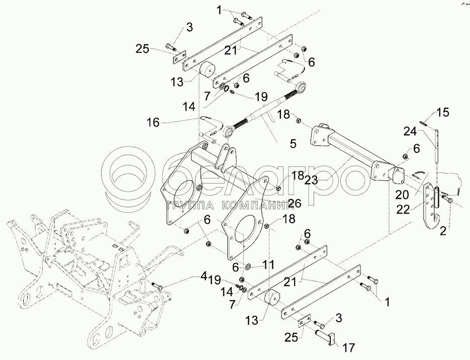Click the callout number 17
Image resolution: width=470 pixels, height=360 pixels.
[x=348, y=347]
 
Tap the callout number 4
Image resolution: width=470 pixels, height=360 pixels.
[x=204, y=276]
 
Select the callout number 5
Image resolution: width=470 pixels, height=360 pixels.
[x=293, y=144]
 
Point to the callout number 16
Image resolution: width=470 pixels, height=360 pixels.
[x=153, y=122]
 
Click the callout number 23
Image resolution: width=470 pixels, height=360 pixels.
[x=312, y=181]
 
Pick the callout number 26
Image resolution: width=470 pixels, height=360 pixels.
[x=294, y=203]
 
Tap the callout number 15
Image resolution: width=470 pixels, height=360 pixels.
[x=443, y=113]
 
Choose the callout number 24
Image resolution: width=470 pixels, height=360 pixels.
[x=410, y=131]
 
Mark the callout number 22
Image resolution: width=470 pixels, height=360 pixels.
[x=402, y=209]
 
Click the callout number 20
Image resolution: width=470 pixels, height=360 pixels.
[x=402, y=195]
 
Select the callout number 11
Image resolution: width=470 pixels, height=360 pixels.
[x=268, y=264]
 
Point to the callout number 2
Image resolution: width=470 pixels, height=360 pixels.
[x=443, y=231]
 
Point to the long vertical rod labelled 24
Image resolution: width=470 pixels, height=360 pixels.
[x=437, y=146]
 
